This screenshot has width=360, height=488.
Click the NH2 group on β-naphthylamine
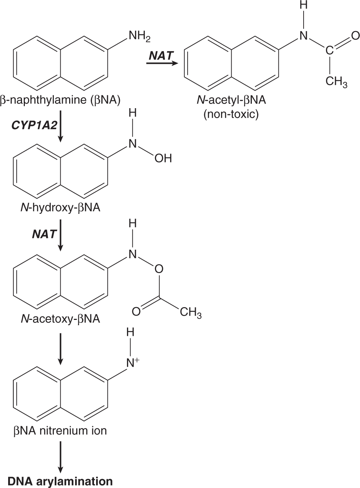[x=139, y=36]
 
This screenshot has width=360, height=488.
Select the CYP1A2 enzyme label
[x=34, y=125]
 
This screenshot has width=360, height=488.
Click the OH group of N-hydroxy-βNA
[x=163, y=158]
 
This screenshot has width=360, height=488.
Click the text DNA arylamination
[x=60, y=481]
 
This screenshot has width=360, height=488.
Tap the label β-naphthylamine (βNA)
[x=60, y=100]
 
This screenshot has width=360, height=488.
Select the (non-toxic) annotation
[x=231, y=114]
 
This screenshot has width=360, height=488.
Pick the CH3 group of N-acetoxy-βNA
[x=190, y=312]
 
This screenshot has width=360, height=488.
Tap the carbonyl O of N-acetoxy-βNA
[x=136, y=312]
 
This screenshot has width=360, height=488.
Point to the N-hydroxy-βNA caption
[x=60, y=207]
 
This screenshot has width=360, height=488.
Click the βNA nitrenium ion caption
[x=60, y=431]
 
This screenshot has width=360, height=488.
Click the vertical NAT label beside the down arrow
[x=44, y=234]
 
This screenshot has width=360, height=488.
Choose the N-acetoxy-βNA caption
[x=60, y=319]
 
